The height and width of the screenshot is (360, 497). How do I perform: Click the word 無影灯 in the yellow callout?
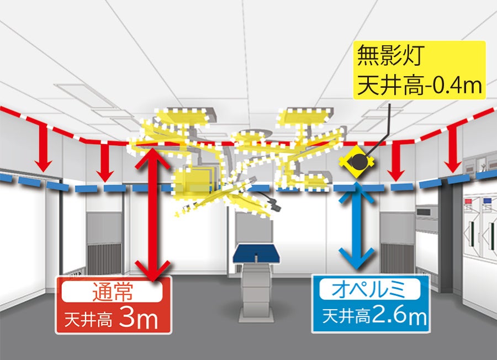point(389,56)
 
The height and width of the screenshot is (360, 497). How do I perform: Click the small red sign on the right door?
point(469,201)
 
